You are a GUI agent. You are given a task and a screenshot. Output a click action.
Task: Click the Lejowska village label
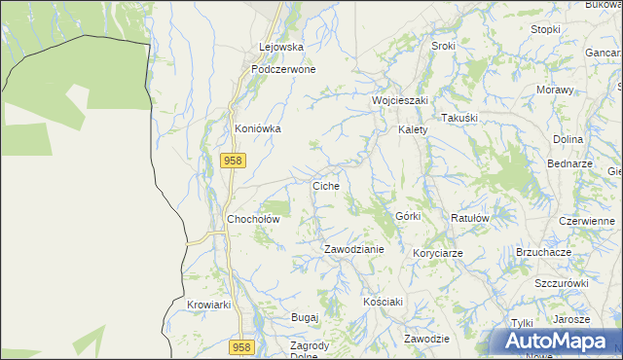[281, 47]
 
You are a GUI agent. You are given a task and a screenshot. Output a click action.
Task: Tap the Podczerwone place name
[282, 70]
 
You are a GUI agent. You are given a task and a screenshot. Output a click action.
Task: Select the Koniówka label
[258, 128]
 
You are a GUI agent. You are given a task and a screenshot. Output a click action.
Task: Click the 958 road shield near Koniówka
[232, 162]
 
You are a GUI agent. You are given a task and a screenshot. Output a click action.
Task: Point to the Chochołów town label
[253, 220]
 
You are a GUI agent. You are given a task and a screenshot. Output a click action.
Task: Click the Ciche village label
[325, 185]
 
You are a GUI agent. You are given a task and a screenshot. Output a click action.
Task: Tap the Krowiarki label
[208, 305]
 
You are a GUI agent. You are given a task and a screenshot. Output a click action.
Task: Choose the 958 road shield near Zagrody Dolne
[242, 347]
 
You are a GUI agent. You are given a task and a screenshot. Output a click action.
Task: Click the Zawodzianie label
[354, 249]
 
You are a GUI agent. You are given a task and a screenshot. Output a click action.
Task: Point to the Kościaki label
[383, 302]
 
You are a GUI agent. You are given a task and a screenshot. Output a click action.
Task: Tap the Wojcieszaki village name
[400, 100]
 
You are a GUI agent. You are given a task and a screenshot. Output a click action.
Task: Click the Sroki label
[443, 47]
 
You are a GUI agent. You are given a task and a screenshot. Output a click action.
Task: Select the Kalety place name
[413, 129]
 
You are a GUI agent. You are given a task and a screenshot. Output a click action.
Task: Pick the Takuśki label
[458, 118]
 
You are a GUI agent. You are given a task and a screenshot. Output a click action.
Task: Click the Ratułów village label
[469, 219]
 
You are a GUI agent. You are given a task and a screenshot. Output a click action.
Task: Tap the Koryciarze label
[437, 253]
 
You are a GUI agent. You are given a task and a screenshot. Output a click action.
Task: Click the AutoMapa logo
[558, 342]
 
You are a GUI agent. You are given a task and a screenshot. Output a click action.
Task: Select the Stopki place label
[545, 29]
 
